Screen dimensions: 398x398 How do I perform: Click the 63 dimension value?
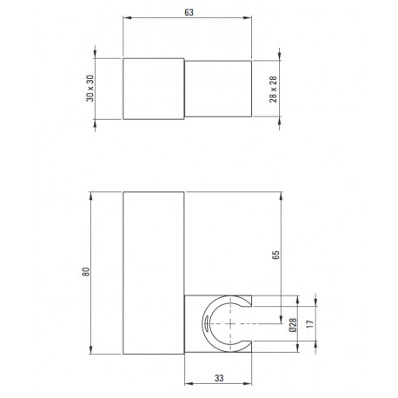tap(189, 12)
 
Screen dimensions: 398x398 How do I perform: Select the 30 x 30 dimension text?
tap(90, 89)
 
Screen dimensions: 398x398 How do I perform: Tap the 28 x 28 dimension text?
tap(273, 90)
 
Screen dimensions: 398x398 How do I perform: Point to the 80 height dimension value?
tap(86, 272)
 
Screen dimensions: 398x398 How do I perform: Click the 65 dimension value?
tap(275, 255)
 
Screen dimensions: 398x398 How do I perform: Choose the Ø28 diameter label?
tap(293, 325)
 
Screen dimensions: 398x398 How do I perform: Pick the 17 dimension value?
tap(310, 324)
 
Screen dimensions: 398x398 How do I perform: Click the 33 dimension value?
tap(219, 378)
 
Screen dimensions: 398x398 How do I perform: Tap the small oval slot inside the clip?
tap(206, 323)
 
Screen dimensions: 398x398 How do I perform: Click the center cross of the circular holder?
tap(230, 324)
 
